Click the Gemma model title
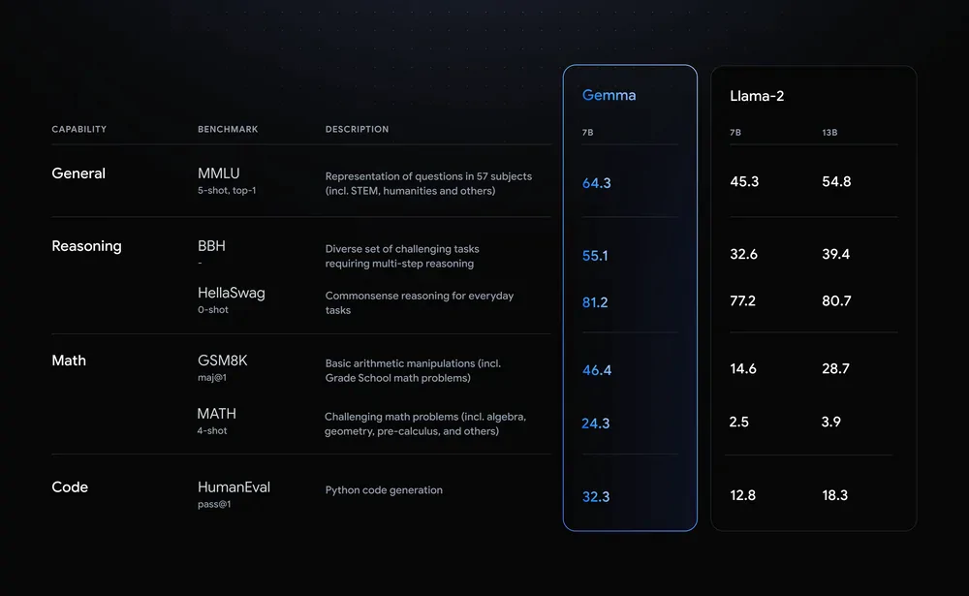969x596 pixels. pyautogui.click(x=609, y=95)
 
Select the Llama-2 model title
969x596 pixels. pyautogui.click(x=757, y=96)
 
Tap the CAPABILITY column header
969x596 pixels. pyautogui.click(x=79, y=129)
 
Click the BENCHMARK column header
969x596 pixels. pyautogui.click(x=228, y=129)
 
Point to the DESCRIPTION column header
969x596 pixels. pyautogui.click(x=357, y=129)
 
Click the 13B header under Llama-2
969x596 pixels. pyautogui.click(x=829, y=133)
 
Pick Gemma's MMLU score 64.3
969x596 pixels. pyautogui.click(x=596, y=183)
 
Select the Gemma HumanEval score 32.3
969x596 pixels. pyautogui.click(x=596, y=496)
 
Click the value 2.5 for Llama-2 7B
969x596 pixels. pyautogui.click(x=738, y=422)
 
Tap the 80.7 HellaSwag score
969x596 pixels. pyautogui.click(x=836, y=301)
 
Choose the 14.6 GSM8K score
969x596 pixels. pyautogui.click(x=743, y=368)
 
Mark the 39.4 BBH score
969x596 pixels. pyautogui.click(x=835, y=254)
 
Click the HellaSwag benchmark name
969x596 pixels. pyautogui.click(x=232, y=293)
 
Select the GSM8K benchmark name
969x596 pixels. pyautogui.click(x=223, y=361)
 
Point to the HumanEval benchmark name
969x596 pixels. pyautogui.click(x=234, y=487)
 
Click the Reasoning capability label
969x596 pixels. pyautogui.click(x=86, y=246)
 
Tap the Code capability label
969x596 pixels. pyautogui.click(x=70, y=487)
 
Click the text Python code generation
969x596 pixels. pyautogui.click(x=384, y=490)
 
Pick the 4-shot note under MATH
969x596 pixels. pyautogui.click(x=212, y=431)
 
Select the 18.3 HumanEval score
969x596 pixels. pyautogui.click(x=835, y=495)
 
